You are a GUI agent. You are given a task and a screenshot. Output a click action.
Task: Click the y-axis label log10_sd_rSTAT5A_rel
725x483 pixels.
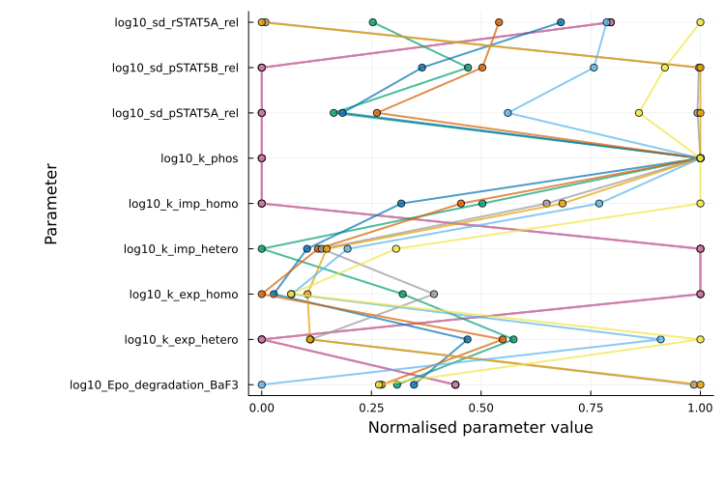[176, 22]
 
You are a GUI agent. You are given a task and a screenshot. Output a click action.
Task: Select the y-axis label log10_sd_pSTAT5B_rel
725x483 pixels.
[175, 68]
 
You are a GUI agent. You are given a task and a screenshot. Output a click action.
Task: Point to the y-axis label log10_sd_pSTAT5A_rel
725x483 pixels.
[175, 113]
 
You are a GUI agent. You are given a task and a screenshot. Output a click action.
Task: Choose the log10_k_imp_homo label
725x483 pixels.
[184, 204]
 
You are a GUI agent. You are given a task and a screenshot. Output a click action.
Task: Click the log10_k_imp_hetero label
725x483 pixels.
[181, 249]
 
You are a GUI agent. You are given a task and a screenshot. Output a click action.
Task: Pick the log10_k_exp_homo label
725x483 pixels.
[184, 295]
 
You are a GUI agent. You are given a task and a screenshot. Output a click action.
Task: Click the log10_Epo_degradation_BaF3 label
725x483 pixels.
[154, 385]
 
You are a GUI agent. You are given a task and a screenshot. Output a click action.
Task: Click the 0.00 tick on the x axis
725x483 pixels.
[262, 409]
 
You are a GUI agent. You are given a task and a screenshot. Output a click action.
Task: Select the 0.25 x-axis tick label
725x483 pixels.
[371, 409]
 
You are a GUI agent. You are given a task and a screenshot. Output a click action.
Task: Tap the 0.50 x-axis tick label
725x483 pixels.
[481, 409]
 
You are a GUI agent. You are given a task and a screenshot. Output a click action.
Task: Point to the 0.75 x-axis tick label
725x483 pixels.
[591, 409]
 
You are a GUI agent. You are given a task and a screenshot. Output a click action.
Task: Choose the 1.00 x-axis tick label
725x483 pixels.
[700, 409]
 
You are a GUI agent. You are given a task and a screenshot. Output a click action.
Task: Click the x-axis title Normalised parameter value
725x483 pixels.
[480, 428]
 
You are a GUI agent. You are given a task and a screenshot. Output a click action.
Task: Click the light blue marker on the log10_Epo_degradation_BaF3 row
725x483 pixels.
[262, 384]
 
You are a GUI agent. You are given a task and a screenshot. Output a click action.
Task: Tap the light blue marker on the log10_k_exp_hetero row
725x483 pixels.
[661, 339]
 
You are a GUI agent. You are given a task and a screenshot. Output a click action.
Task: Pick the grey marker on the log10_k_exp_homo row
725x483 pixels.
[434, 294]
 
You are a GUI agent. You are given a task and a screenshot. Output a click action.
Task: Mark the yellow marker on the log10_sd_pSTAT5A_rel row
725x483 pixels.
[639, 113]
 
